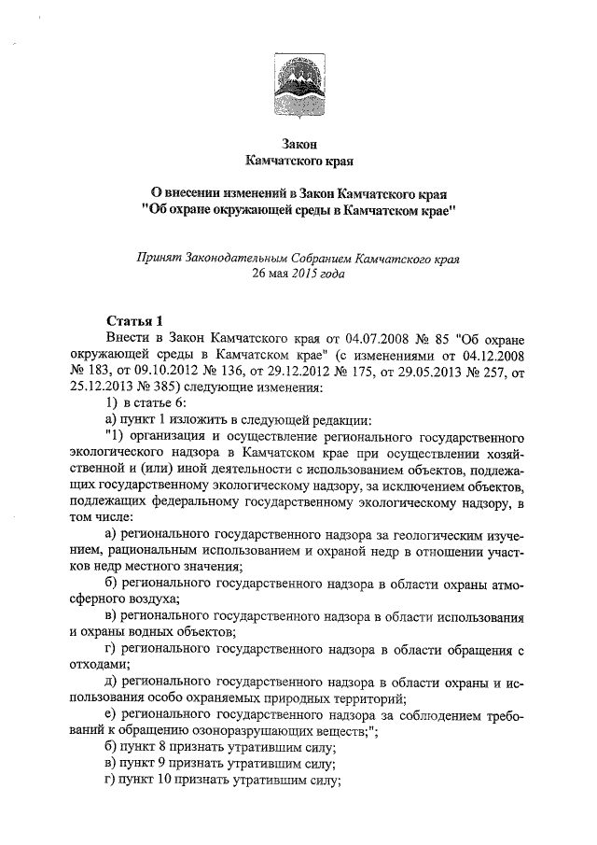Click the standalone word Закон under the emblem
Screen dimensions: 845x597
click(x=298, y=144)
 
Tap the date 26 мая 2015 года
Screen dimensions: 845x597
click(x=298, y=273)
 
